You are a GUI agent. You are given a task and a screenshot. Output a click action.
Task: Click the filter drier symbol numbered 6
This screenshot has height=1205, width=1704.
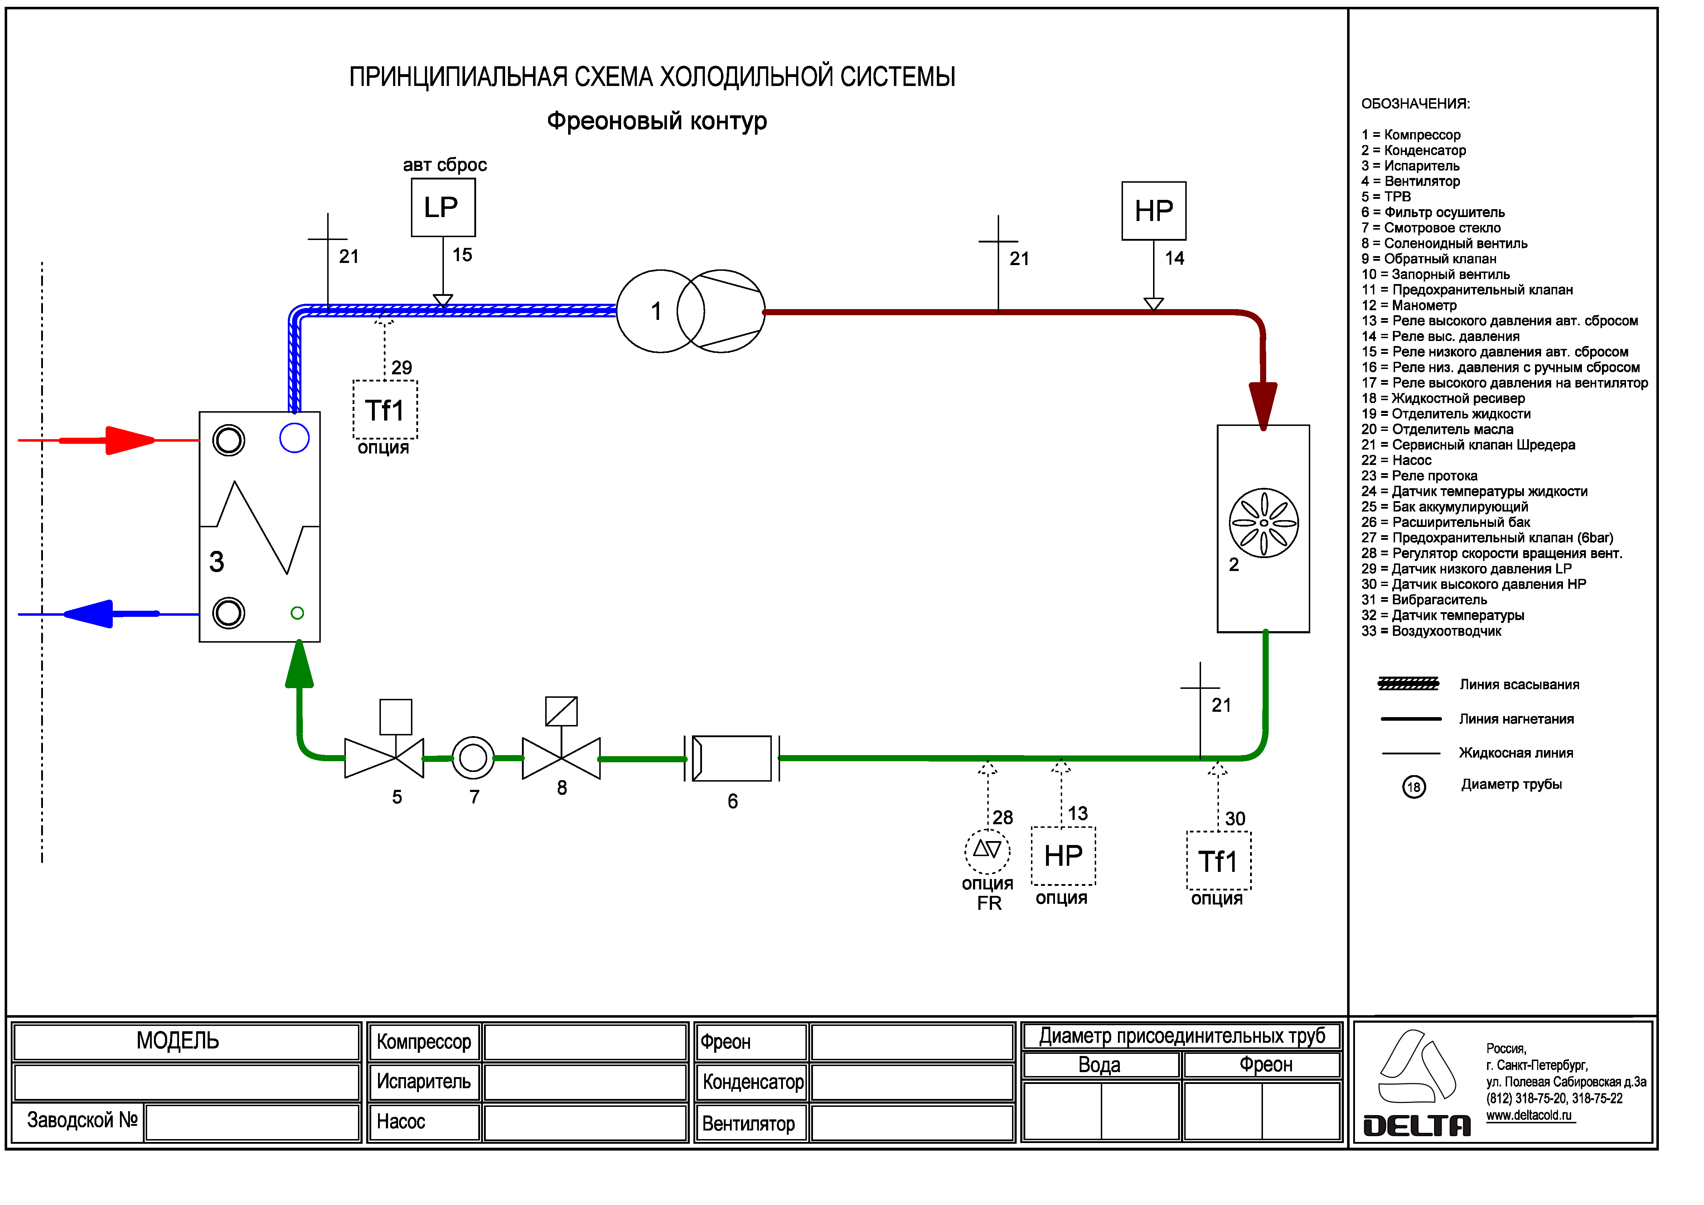click(732, 758)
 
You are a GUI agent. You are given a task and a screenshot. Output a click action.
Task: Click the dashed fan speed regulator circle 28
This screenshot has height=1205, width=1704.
click(987, 851)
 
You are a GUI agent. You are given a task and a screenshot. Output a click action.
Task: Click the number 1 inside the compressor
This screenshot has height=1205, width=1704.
click(656, 311)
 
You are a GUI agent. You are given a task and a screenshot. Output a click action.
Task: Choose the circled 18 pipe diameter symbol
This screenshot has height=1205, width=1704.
click(1414, 787)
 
